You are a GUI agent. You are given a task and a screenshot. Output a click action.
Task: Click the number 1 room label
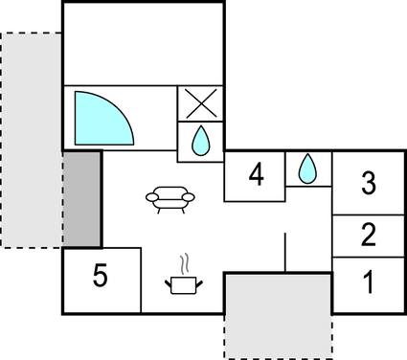(x=369, y=282)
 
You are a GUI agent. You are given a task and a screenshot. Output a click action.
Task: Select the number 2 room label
(x=369, y=235)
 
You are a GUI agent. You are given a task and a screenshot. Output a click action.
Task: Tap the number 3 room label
(x=369, y=184)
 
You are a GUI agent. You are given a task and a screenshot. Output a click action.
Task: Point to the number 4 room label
(x=255, y=175)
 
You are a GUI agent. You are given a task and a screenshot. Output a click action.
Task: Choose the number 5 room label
(x=101, y=277)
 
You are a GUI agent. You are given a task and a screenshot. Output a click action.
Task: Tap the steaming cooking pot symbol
(x=184, y=284)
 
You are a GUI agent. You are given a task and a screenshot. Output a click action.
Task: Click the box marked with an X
(x=201, y=103)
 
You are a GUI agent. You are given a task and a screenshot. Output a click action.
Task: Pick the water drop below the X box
(x=201, y=142)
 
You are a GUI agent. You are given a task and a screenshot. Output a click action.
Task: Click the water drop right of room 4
(x=307, y=169)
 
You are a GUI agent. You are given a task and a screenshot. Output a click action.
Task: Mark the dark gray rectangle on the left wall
(x=82, y=199)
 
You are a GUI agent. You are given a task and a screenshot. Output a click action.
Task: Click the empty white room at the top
(x=144, y=43)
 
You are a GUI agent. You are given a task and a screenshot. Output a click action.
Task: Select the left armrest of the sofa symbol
(x=153, y=198)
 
